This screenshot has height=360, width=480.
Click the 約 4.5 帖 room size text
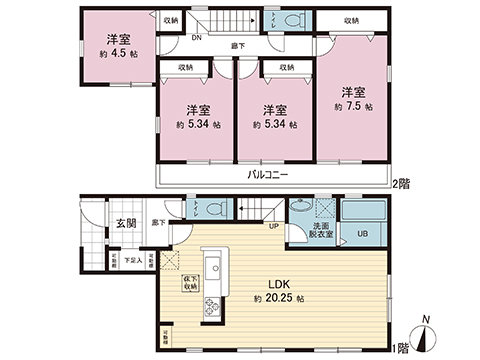[119, 56]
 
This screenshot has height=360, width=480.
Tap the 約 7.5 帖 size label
[353, 105]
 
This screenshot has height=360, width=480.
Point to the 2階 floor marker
[401, 183]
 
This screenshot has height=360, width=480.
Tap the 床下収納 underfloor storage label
[189, 283]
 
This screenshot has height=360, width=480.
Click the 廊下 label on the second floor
[236, 44]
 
